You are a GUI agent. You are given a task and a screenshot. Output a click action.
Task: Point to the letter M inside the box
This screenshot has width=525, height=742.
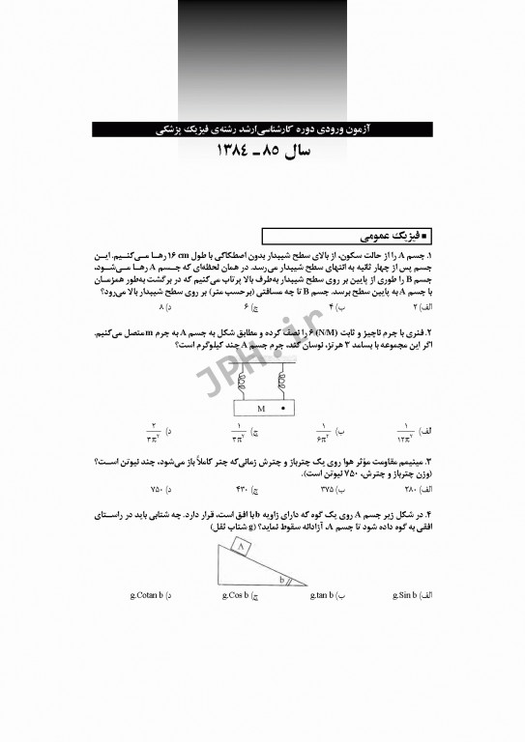click(x=261, y=409)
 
